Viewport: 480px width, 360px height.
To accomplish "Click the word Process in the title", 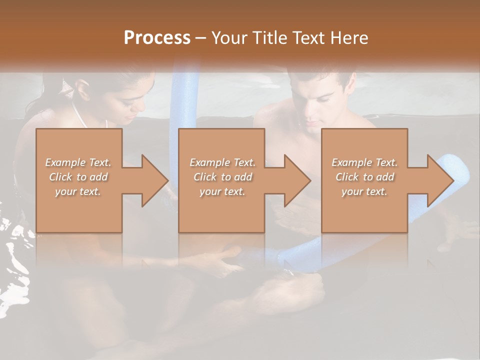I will [x=157, y=37].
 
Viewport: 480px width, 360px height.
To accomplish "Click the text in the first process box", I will [x=78, y=177].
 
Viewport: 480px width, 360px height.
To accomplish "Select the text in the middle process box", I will [x=222, y=177].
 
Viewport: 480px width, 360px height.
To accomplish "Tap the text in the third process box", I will [x=364, y=177].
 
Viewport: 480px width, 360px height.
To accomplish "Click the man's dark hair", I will [x=315, y=80].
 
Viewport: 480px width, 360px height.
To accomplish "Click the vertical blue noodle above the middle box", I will [x=183, y=100].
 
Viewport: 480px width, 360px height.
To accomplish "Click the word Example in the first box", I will [x=64, y=162].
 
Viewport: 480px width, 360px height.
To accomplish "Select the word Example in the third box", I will [x=351, y=162].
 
